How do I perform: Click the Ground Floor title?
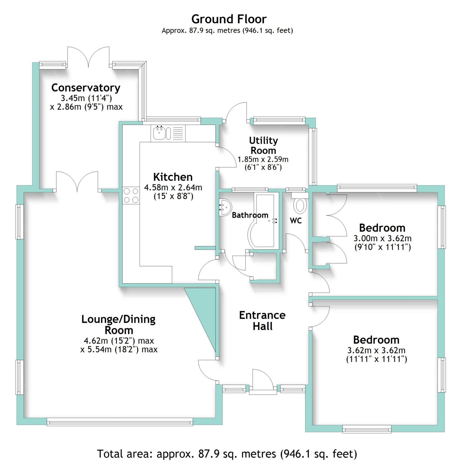pos(229,19)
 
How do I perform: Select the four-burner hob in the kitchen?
pos(131,195)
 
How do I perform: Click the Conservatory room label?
pos(86,88)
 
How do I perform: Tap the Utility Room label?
pos(263,145)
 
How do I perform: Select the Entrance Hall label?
pos(262,321)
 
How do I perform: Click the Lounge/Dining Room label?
pos(118,324)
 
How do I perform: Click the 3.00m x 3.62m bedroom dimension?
pos(382,238)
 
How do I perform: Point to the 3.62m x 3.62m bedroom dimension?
pos(376,350)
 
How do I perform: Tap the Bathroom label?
pos(250,215)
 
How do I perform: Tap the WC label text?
pos(296,221)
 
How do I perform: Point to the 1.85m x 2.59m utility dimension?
pos(263,160)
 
